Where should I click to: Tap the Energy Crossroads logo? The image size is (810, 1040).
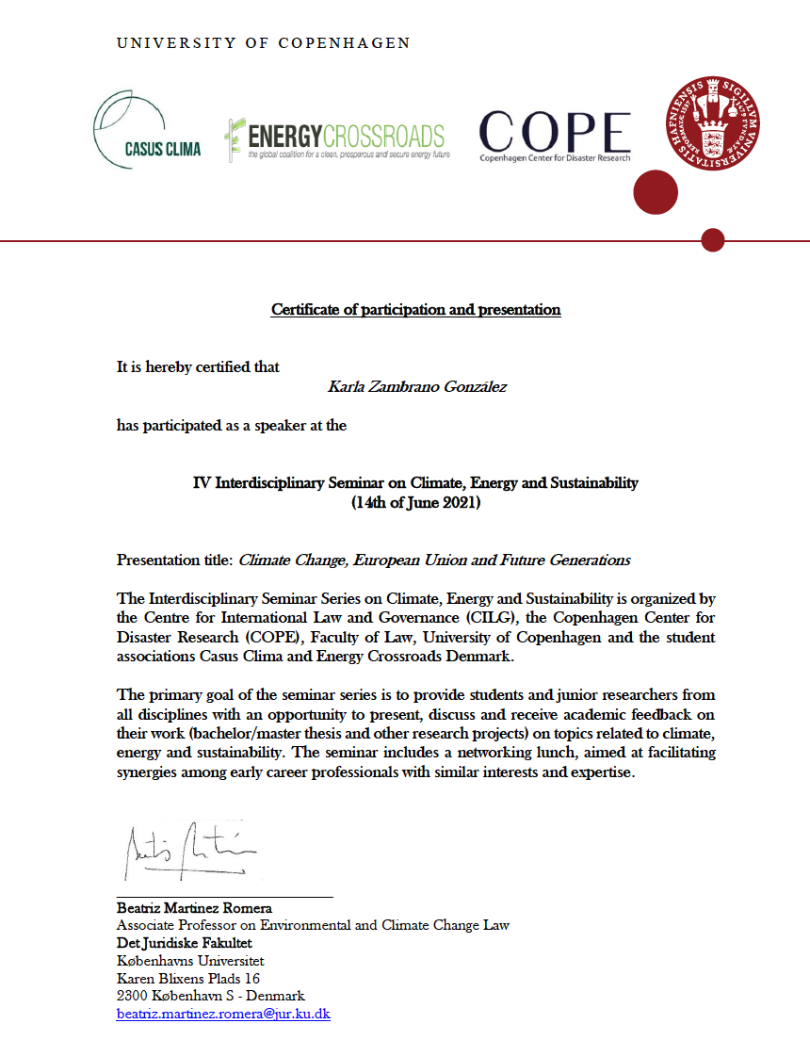point(334,139)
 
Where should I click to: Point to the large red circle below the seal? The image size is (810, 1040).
point(655,193)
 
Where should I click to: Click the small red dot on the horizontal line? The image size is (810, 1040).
point(713,240)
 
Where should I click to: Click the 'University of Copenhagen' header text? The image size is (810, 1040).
point(263,43)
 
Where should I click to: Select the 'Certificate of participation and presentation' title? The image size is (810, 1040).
point(415,309)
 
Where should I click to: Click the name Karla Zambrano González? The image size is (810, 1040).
point(416,387)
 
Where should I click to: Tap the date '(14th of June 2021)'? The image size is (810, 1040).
point(415,503)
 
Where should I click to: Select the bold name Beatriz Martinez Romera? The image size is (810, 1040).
point(194,908)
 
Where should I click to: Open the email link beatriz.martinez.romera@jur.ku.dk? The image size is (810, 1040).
point(223,1015)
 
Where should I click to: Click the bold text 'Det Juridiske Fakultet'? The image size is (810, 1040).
point(184,943)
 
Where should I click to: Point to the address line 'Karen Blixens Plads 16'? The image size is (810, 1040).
point(188,979)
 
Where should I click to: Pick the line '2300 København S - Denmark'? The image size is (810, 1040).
point(210,996)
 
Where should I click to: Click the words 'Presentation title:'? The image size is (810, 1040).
point(174,560)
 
